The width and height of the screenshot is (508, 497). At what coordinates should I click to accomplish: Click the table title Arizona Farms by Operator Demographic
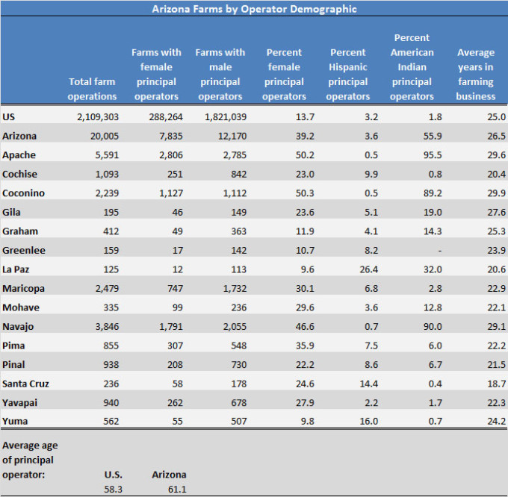[254, 9]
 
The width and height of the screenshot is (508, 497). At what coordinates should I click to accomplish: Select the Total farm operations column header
[93, 89]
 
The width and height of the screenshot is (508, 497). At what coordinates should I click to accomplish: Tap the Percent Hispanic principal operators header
[349, 75]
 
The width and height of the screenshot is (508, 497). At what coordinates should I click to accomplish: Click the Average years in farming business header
[476, 75]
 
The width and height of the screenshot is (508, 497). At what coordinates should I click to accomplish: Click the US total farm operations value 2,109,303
[97, 117]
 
